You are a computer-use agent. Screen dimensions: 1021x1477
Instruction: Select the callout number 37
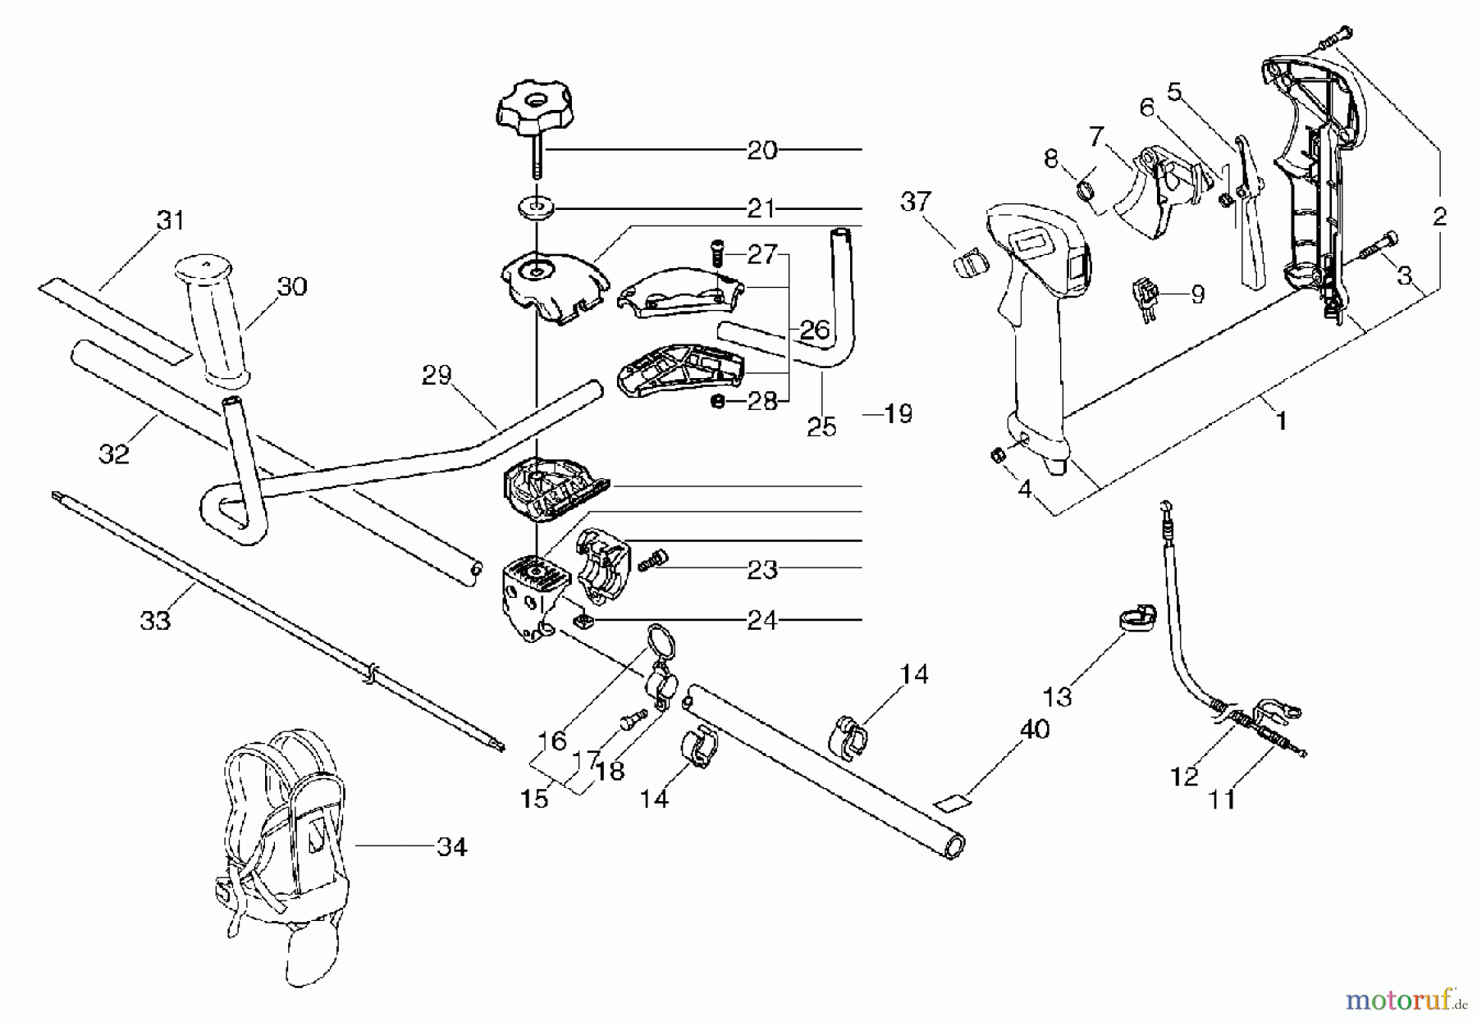pos(916,201)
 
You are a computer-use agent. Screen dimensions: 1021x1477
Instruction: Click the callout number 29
pos(437,376)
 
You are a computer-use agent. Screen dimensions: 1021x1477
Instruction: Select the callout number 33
pos(155,620)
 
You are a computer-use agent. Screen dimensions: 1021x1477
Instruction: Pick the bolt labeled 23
pos(652,560)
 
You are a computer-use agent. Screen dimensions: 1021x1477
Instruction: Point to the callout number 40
pos(1033,728)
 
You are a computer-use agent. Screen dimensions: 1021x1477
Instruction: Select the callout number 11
pos(1222,799)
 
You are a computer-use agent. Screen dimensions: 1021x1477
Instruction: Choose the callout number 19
pos(899,413)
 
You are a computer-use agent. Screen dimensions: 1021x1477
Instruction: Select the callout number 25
pos(821,426)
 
